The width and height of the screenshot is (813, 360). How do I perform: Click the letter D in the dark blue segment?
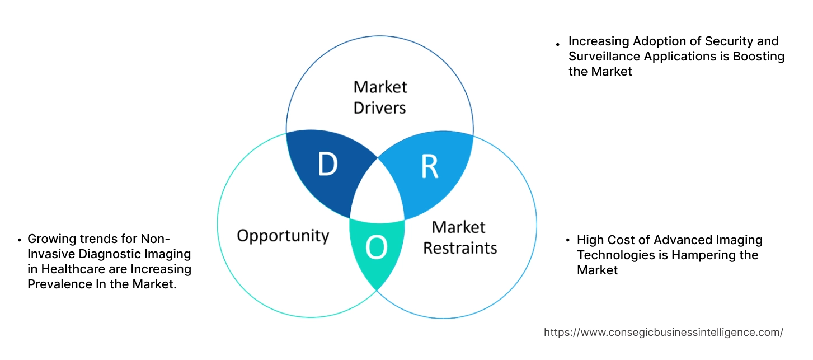327,165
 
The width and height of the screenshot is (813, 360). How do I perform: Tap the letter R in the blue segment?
429,167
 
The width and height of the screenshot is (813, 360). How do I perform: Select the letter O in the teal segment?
377,247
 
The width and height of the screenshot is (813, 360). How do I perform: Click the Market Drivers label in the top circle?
380,97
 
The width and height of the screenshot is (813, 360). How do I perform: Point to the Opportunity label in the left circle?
283,235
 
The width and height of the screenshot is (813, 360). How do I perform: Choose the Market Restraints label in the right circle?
459,237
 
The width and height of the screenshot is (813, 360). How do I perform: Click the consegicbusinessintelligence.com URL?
663,332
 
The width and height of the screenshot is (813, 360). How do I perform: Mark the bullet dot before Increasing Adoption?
558,44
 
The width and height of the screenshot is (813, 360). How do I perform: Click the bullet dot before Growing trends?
20,240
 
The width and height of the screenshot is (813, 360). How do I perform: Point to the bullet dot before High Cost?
567,241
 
